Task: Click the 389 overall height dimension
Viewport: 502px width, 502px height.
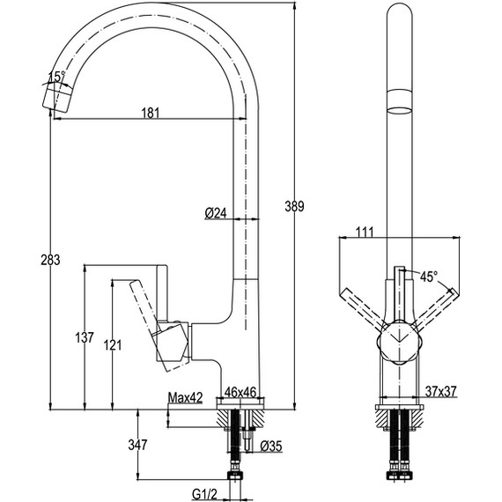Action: (x=294, y=207)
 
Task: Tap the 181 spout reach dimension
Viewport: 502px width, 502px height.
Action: (x=150, y=113)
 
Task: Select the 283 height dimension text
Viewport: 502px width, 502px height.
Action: (x=50, y=260)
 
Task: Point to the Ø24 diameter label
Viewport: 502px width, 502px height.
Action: (x=216, y=213)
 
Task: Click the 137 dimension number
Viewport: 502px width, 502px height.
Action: (x=85, y=337)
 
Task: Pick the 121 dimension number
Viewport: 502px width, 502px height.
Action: (x=113, y=345)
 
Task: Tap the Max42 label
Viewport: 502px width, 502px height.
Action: (x=185, y=397)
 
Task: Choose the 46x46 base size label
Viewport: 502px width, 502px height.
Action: (x=240, y=392)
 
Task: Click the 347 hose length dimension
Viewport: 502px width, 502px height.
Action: (x=137, y=445)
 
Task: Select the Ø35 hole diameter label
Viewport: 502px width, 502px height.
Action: (x=271, y=446)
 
